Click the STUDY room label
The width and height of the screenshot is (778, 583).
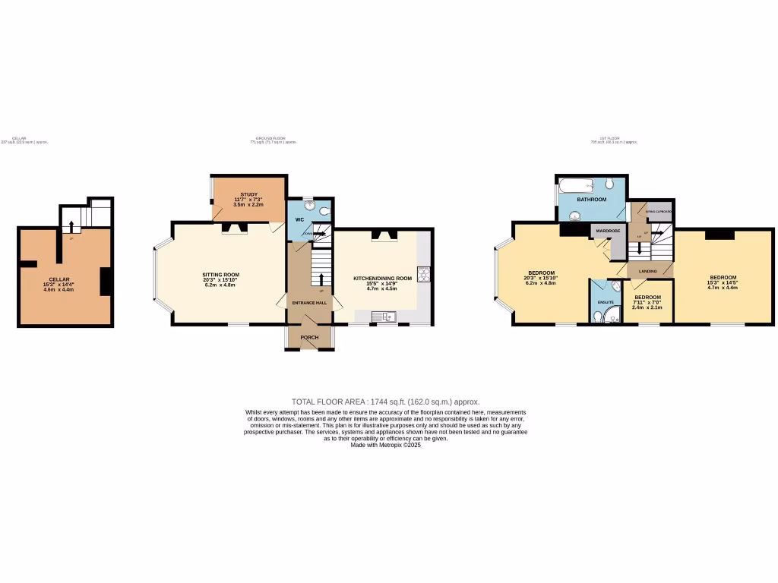pos(249,194)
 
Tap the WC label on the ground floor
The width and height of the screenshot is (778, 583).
pos(299,220)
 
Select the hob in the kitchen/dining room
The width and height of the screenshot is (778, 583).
pos(422,275)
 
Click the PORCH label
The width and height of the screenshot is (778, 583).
pos(309,338)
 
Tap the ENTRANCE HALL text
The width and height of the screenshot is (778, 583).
pos(309,303)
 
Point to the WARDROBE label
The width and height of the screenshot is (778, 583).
pos(608,230)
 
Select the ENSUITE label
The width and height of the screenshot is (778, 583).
pos(606,302)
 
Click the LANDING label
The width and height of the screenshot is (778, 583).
pos(648,271)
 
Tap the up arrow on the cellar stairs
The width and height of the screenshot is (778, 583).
pos(71,225)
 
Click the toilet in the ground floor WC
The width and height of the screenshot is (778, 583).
pos(324,211)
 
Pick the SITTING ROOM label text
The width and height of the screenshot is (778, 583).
pos(220,274)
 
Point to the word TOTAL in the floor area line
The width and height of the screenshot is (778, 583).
pos(304,402)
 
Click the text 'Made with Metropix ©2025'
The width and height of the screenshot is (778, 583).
pos(385,445)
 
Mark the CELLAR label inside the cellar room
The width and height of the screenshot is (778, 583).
pos(59,279)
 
